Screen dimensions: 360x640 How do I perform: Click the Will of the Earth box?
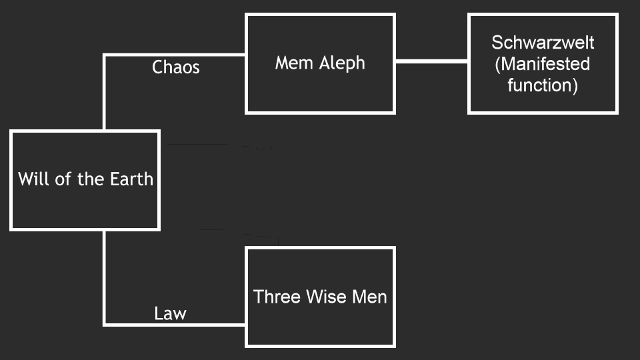[85, 200]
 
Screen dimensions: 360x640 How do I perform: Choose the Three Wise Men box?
[320, 323]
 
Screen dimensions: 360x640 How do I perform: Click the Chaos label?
[176, 67]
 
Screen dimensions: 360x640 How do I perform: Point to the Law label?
[170, 313]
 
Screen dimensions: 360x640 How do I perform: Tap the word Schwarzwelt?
[543, 43]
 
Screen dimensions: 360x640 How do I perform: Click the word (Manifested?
[543, 64]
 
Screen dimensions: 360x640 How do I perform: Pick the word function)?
[543, 85]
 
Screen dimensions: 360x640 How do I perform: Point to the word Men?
[370, 296]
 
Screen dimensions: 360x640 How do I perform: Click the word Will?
[32, 179]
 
